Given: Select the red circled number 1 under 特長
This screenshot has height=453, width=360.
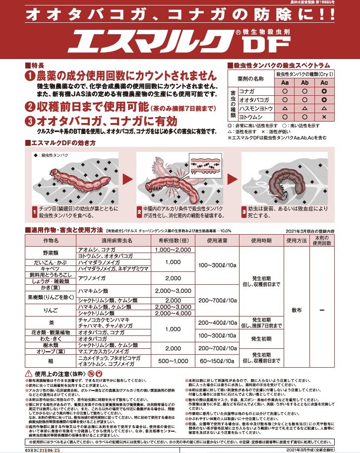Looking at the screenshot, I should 30,76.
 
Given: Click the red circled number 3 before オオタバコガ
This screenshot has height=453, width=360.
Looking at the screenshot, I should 30,122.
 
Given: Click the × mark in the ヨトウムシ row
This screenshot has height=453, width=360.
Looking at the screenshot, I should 324,116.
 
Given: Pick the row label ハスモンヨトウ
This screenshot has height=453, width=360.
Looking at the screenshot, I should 254,108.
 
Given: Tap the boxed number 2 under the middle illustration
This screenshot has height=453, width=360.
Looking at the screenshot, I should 140,211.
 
